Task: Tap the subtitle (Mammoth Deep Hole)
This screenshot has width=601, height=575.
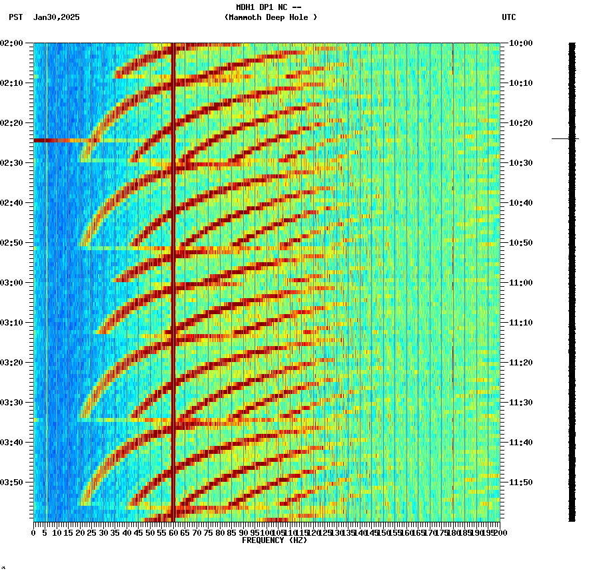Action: click(271, 17)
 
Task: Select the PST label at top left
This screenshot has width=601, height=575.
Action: click(16, 17)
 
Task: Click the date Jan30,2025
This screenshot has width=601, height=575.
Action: click(56, 17)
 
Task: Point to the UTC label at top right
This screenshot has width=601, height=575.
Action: click(509, 17)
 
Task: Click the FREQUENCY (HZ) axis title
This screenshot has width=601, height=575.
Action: click(275, 540)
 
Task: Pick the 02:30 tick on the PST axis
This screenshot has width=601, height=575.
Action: click(13, 163)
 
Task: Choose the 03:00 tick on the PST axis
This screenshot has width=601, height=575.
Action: click(13, 283)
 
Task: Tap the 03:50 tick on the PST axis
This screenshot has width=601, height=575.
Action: click(13, 482)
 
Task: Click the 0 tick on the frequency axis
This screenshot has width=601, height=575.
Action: click(34, 533)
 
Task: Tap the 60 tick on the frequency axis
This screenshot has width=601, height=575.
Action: click(174, 533)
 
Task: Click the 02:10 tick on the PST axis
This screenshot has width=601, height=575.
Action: click(13, 83)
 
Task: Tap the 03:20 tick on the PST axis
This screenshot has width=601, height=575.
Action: click(13, 363)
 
